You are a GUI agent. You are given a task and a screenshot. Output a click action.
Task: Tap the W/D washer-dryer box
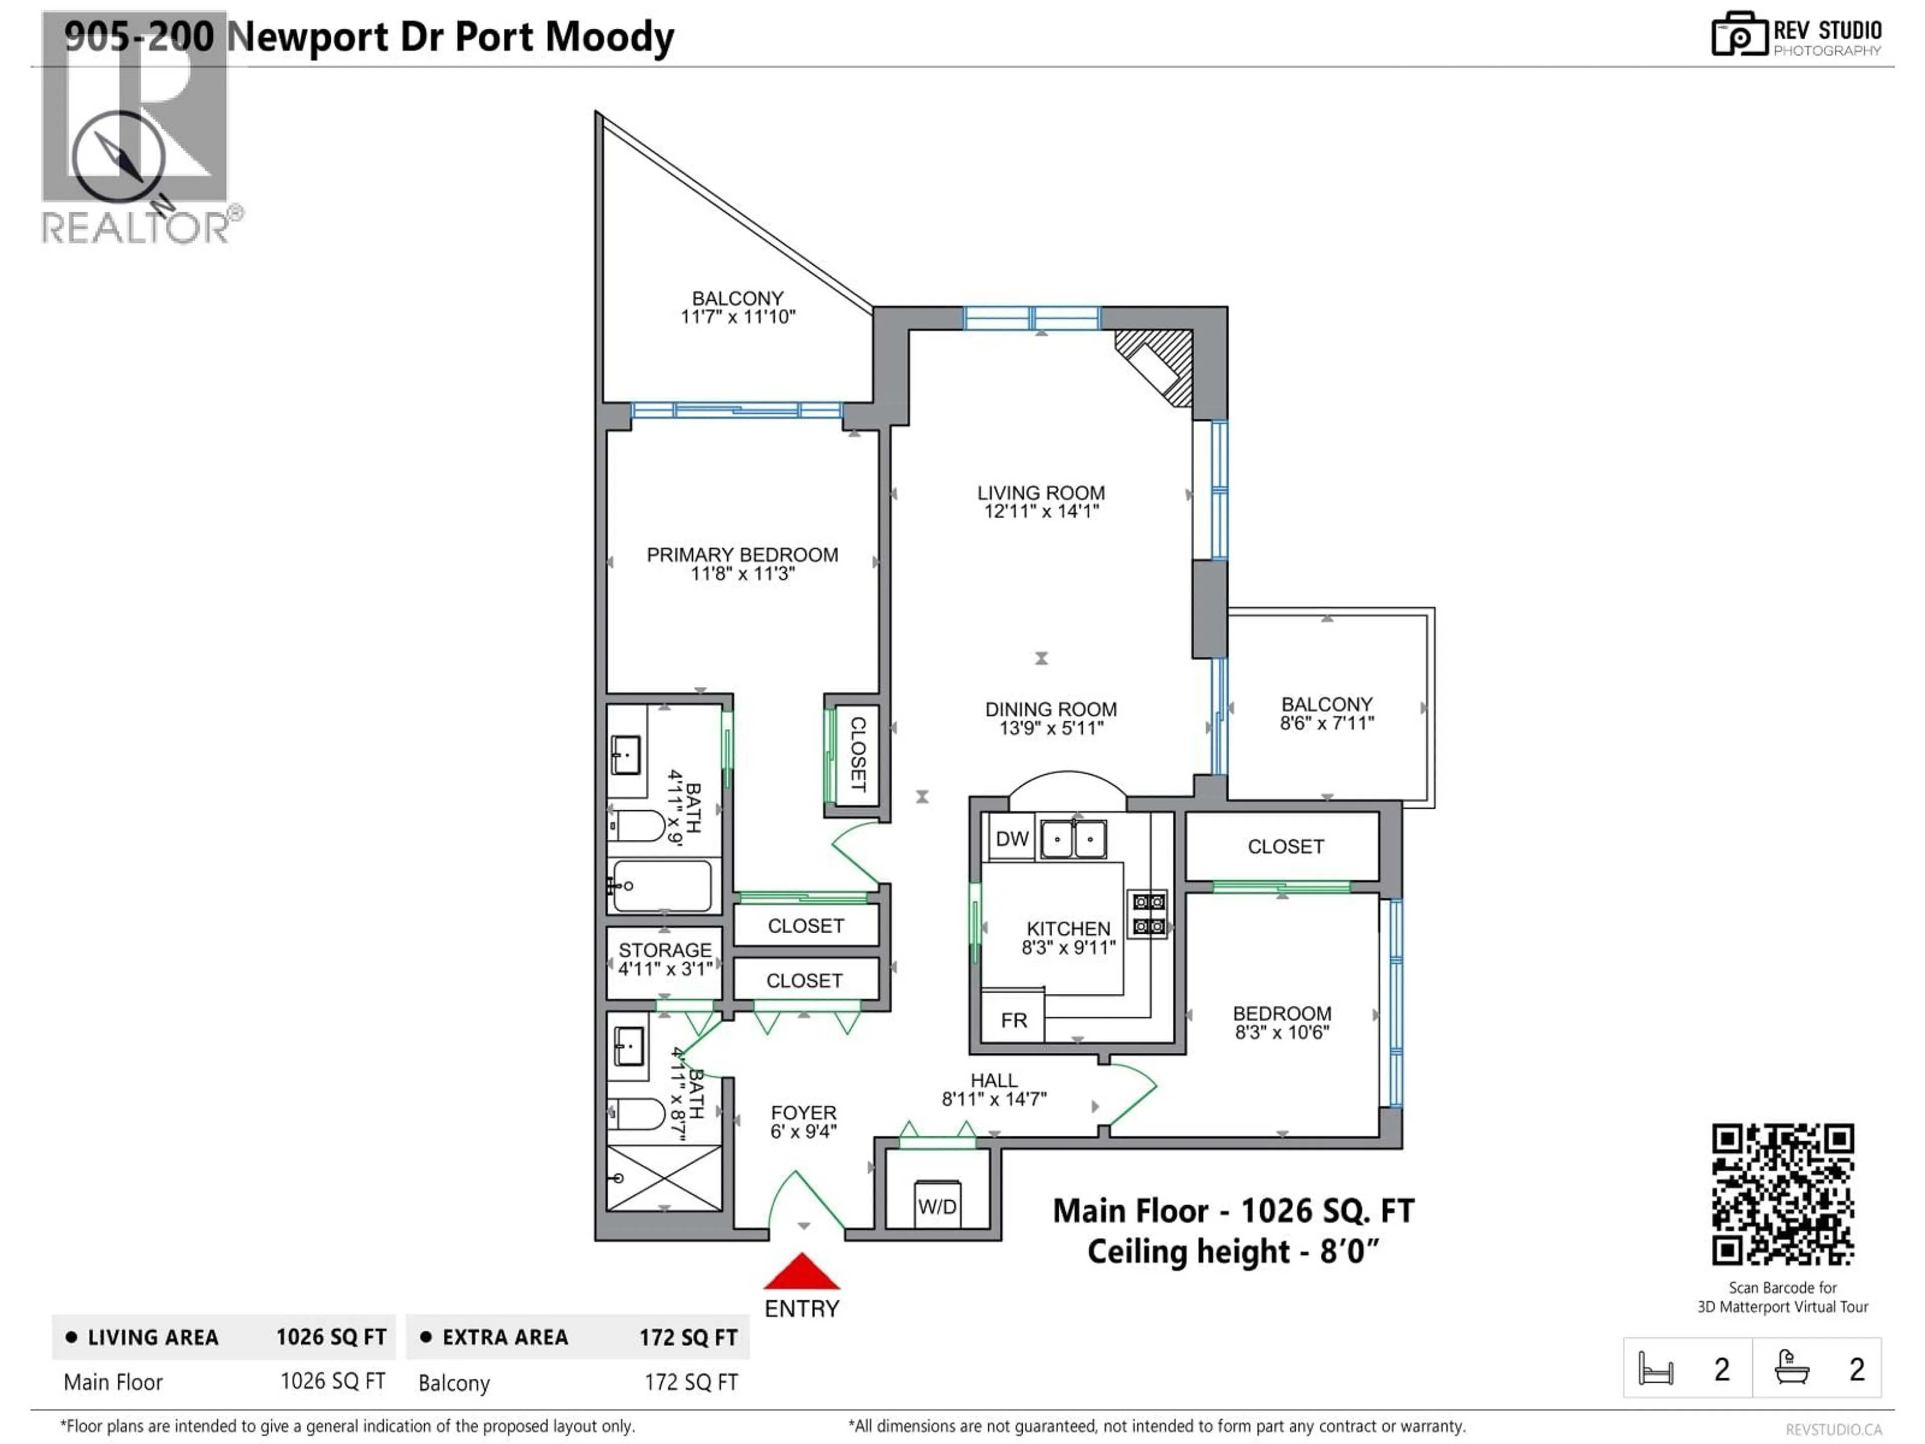937,1205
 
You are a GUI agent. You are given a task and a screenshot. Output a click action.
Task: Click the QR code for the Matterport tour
1782,1194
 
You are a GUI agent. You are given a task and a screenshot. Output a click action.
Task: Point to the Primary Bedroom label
742,555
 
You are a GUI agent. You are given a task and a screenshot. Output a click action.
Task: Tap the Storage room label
665,950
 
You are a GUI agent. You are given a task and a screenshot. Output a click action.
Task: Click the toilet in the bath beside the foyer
638,1113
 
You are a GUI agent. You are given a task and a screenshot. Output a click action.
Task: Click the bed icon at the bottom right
1655,1368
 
